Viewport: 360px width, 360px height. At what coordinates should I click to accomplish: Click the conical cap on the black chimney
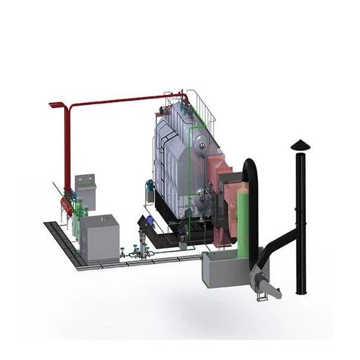coord(300,144)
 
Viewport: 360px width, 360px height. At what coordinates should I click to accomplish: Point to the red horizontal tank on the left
coord(66,204)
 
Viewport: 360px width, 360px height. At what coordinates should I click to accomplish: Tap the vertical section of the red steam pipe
coord(66,148)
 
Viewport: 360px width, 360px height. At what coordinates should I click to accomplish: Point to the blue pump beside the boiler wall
coord(150,186)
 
